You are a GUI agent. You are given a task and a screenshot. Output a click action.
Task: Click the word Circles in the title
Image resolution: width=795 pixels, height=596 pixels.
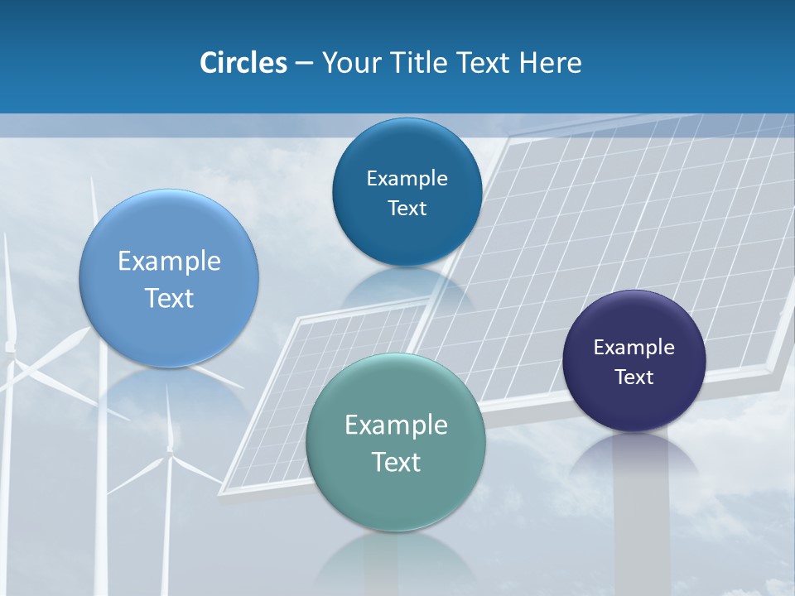pos(243,63)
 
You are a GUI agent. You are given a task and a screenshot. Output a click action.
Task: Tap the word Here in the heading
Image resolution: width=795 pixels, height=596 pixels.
pos(551,63)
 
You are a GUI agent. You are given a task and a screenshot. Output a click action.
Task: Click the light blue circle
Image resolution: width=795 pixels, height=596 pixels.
pos(169,278)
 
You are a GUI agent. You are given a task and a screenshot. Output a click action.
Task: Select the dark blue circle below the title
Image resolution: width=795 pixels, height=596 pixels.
pos(407,192)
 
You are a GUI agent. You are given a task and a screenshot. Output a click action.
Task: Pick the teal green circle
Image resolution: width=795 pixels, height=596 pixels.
pos(396,442)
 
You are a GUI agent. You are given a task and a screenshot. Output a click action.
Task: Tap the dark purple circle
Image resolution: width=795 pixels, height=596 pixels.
pos(634,361)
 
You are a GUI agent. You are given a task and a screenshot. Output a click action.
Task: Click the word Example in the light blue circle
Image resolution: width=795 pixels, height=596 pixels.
pos(169,262)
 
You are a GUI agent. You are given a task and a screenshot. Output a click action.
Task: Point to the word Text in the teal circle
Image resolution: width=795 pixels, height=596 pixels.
pos(396,462)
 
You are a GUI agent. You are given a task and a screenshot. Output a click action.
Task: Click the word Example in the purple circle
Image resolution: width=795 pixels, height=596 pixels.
pos(634,348)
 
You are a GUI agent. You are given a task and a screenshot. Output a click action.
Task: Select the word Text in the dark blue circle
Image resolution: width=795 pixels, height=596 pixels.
pos(407,209)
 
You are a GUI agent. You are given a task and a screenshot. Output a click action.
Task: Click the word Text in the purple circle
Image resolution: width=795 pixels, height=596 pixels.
pos(634,377)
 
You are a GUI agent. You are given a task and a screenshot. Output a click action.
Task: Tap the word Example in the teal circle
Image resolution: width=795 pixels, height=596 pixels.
pos(396,425)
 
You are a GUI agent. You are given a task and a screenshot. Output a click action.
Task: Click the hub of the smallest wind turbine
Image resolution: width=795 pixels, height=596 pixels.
pos(170,451)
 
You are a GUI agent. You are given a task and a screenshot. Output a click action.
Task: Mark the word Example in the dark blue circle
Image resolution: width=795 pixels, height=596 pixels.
pos(407,179)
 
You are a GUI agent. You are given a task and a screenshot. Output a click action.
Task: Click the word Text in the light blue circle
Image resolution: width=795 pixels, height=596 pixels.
pos(169,298)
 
